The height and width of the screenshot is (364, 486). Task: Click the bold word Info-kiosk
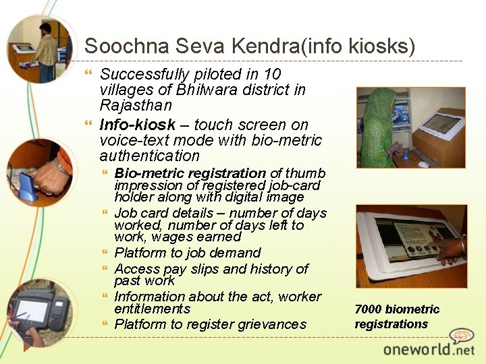tap(136, 125)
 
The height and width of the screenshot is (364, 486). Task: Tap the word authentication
tap(150, 156)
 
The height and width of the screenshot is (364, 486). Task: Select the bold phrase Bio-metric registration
tap(190, 173)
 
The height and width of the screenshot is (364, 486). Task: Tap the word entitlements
tap(153, 309)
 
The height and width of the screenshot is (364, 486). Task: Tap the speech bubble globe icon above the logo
tap(462, 335)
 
